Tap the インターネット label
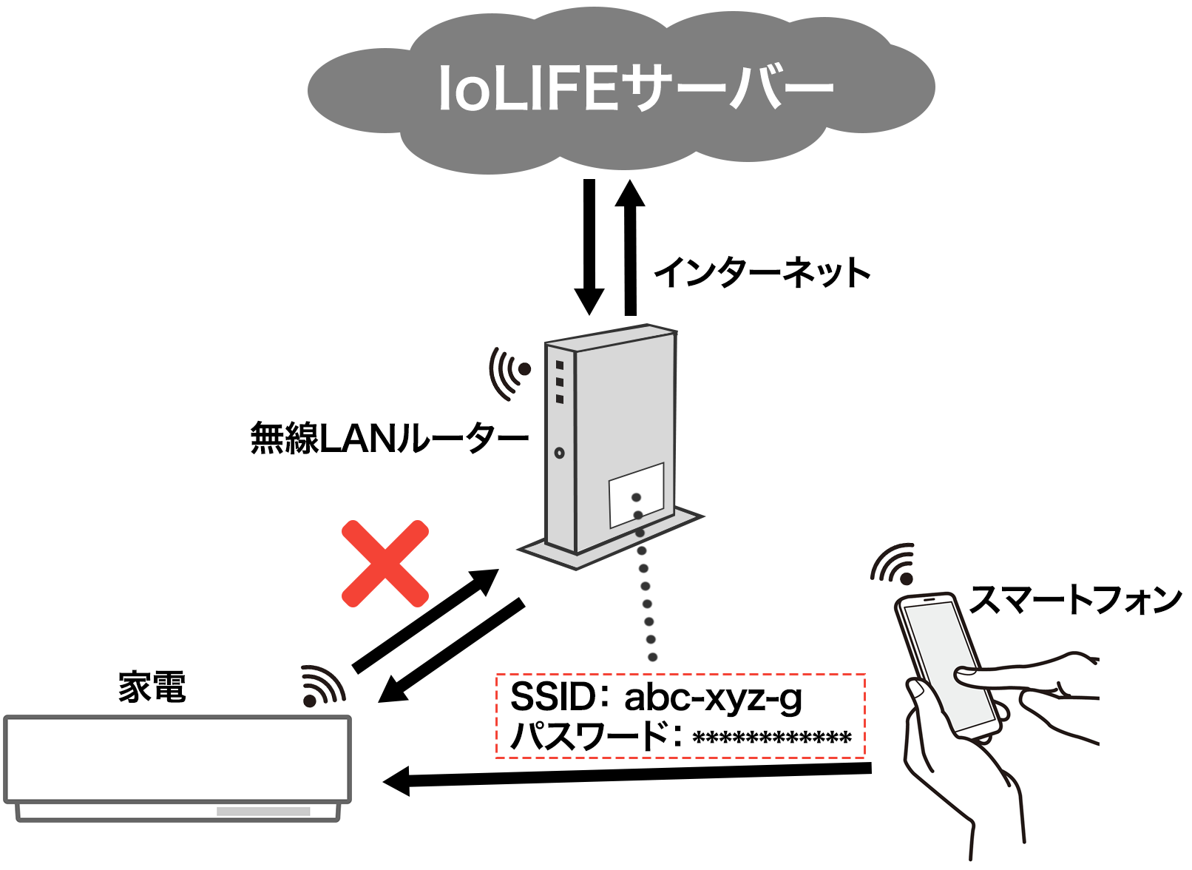pos(762,272)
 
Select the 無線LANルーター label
pos(389,438)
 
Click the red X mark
pos(385,564)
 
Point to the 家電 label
pos(152,687)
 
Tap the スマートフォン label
pos(1074,600)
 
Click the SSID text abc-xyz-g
pos(713,698)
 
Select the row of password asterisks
pos(771,738)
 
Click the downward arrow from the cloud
pos(589,247)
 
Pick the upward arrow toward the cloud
pos(630,247)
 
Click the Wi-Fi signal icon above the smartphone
pos(893,563)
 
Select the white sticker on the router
pos(637,496)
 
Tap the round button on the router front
pos(559,453)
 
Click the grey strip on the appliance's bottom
pos(263,812)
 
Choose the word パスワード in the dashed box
pos(589,735)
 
